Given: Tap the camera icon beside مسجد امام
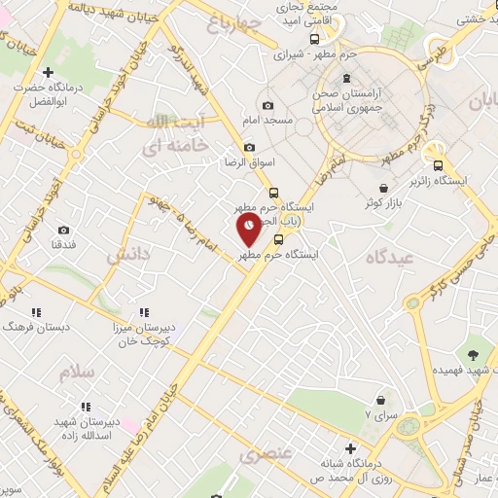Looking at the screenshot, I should [x=268, y=105].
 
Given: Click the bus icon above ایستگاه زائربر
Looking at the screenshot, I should [x=439, y=165].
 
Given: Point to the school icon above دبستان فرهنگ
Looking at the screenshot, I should [x=36, y=312].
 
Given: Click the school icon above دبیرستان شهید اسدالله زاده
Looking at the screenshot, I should [x=86, y=405].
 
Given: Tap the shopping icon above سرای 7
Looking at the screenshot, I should [x=380, y=398].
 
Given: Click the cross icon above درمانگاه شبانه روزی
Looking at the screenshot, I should [x=350, y=447].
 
